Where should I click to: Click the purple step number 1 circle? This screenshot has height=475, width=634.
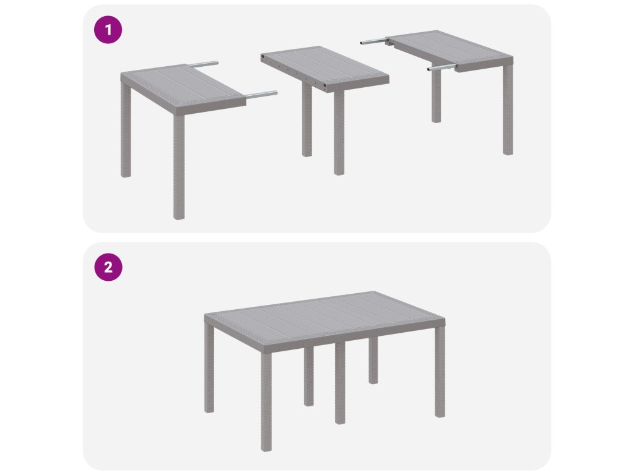tap(108, 30)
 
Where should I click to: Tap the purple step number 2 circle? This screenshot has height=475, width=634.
tap(108, 267)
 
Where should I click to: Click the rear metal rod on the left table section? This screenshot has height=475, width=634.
tap(203, 64)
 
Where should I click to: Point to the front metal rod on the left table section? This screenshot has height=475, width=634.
tap(261, 95)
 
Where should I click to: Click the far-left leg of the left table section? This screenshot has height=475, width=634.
tap(126, 130)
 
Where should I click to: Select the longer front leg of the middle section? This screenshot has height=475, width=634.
tap(339, 132)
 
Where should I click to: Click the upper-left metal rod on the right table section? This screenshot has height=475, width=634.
tap(374, 41)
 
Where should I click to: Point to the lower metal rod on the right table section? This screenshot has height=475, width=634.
tap(442, 67)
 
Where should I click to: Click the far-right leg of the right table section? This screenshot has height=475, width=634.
tap(508, 110)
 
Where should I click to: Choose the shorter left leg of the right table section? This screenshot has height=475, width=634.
tap(436, 96)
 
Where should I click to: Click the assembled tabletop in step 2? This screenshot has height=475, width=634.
tap(324, 321)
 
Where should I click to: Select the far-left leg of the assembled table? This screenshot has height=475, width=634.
tap(209, 368)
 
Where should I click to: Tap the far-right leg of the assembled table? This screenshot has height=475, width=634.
tap(440, 372)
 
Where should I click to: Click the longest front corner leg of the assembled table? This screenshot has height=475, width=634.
tap(266, 401)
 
